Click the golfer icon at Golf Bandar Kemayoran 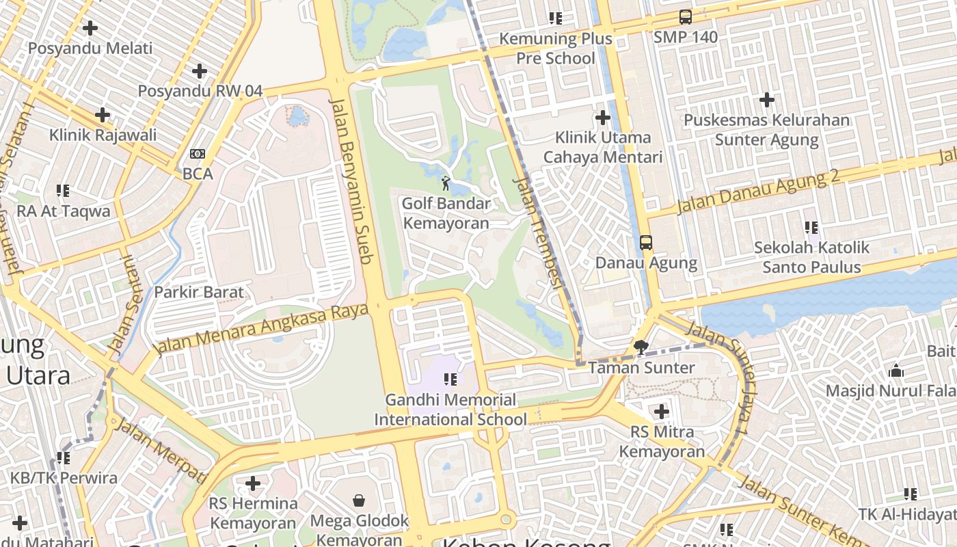click(x=446, y=183)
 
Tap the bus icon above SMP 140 click(x=685, y=17)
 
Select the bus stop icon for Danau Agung click(x=645, y=242)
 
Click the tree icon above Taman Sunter click(x=641, y=347)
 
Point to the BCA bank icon click(x=198, y=154)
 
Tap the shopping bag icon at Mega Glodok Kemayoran click(x=359, y=501)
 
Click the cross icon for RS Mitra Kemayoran click(x=661, y=412)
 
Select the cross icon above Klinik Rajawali click(x=103, y=114)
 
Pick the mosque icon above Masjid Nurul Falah click(x=896, y=371)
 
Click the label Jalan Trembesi click(x=539, y=232)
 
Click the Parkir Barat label click(x=198, y=293)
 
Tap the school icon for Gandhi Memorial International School click(x=450, y=379)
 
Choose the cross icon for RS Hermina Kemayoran click(x=253, y=483)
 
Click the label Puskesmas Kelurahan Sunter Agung click(x=766, y=130)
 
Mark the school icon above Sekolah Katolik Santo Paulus click(x=811, y=227)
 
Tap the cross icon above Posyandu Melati click(x=90, y=28)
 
